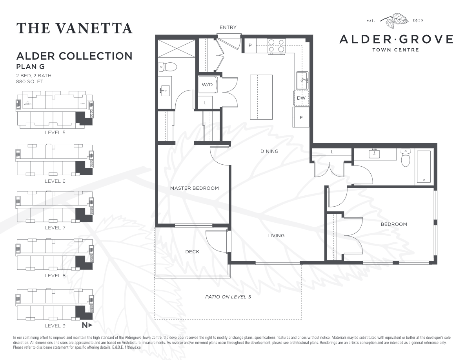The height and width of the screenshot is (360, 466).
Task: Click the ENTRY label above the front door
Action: (x=228, y=27)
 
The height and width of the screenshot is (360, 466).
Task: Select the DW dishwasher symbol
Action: (x=301, y=98)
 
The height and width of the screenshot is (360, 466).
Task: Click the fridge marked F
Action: (x=301, y=117)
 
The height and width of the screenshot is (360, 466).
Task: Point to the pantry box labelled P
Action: (x=250, y=45)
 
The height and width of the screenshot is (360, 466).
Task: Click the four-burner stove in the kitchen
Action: (x=276, y=46)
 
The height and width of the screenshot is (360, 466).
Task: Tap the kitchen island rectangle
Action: (x=261, y=97)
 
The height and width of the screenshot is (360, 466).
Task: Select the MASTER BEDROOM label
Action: (x=194, y=188)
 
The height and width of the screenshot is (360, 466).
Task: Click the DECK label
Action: (x=192, y=252)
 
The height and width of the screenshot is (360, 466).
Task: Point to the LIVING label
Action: (x=276, y=236)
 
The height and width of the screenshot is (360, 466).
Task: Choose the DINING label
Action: (x=269, y=151)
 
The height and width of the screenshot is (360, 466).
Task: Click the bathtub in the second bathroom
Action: (x=424, y=167)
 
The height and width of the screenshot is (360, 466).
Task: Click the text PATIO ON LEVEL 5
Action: (x=228, y=297)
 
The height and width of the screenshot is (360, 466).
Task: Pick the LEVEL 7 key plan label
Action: (x=55, y=228)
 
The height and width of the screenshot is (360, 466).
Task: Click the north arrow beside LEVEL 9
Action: (x=87, y=325)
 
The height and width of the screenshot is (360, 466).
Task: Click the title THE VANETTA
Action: (x=75, y=28)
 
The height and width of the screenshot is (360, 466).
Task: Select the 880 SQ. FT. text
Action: (x=30, y=82)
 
